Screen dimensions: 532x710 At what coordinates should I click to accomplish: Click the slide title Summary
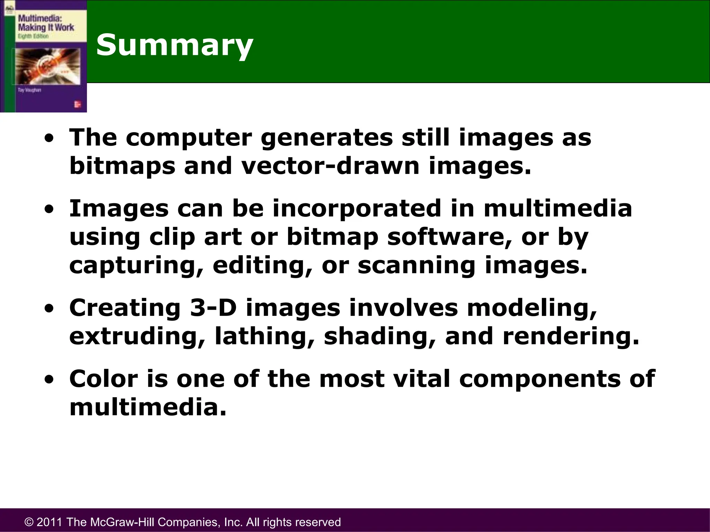[x=175, y=45]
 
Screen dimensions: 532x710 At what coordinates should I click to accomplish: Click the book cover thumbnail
[x=44, y=56]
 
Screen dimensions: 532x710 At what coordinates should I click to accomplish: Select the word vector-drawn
[x=330, y=166]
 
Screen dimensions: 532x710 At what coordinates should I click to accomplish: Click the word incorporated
[x=356, y=209]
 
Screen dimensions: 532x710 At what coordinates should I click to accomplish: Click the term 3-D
[x=213, y=308]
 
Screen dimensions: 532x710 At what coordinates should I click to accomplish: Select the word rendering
[x=571, y=337]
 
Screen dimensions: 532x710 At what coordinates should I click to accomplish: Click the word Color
[x=104, y=379]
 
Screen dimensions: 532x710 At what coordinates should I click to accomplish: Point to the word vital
[x=422, y=379]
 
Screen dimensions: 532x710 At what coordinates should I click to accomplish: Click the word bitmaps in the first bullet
[x=122, y=166]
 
